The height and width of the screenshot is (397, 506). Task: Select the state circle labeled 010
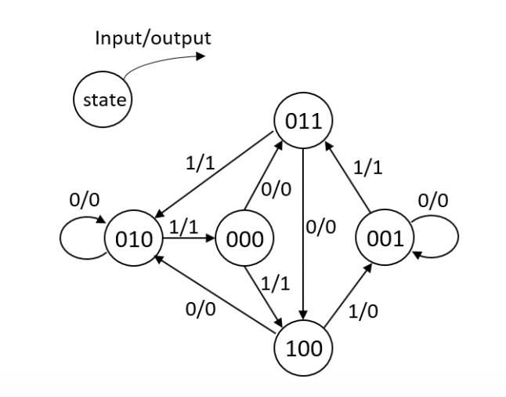[132, 239]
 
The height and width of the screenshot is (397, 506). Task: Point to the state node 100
[302, 346]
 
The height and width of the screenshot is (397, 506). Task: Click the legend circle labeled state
[102, 100]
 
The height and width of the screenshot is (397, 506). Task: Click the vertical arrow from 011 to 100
[302, 235]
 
